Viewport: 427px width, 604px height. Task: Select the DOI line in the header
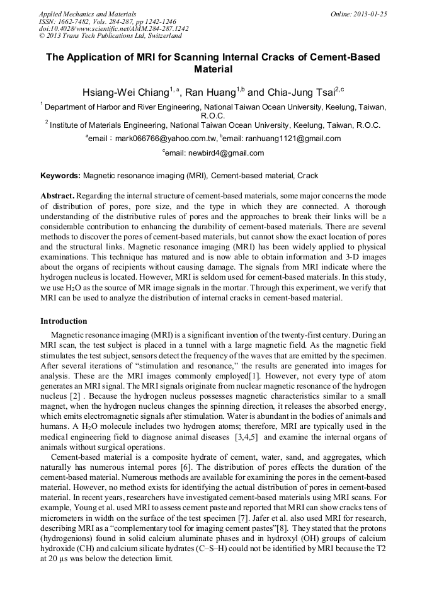click(x=113, y=29)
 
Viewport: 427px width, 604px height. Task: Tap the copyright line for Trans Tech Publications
click(x=110, y=37)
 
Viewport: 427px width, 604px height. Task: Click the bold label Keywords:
click(x=60, y=176)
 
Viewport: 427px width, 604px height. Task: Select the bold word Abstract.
click(x=57, y=197)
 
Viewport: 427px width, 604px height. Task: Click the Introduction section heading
click(x=64, y=321)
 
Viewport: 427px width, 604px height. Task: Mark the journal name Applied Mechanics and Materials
click(x=88, y=14)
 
